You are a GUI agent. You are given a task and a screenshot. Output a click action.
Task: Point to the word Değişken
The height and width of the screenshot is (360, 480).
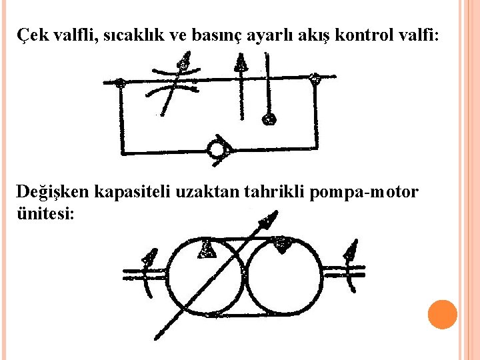pyautogui.click(x=53, y=193)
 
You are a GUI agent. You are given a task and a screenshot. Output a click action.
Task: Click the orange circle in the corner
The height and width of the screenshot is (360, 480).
pyautogui.click(x=442, y=314)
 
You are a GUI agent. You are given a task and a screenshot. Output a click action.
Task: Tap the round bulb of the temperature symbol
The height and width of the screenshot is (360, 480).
pyautogui.click(x=269, y=119)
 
